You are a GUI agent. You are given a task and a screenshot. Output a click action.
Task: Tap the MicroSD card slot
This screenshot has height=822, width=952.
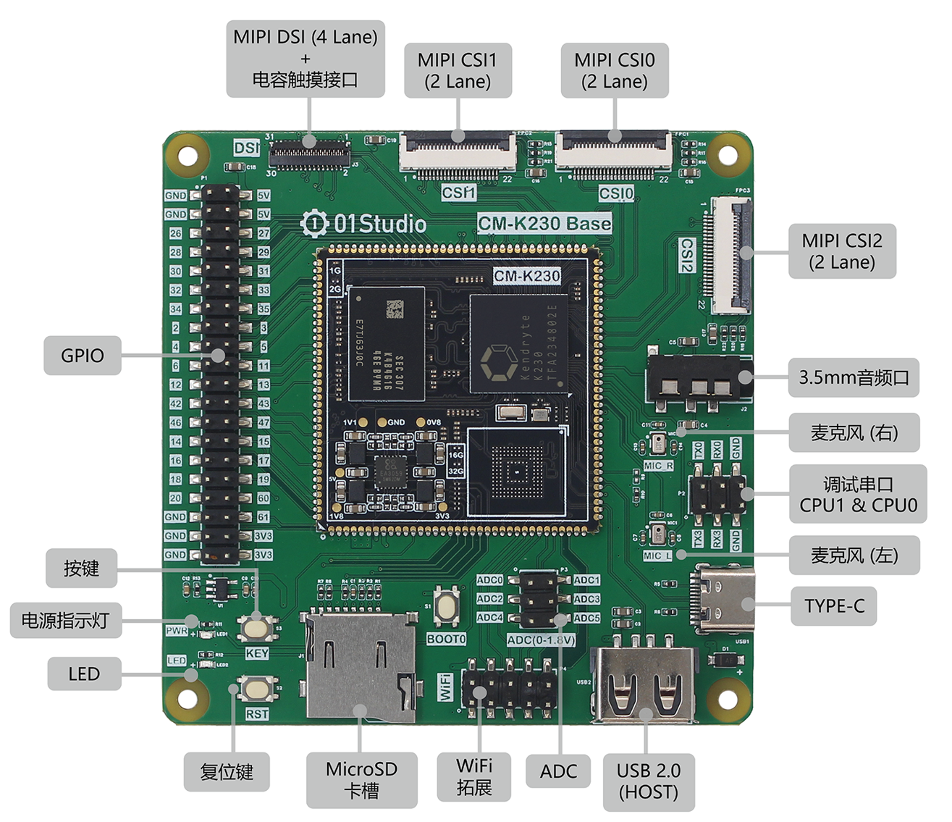click(x=360, y=666)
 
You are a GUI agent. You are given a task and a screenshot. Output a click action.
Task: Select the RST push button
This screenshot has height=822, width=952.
click(x=258, y=688)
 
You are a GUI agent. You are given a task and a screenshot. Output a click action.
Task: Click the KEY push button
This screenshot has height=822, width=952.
click(x=258, y=627)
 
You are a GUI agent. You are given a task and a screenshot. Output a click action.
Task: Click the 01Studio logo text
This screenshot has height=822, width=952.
click(x=364, y=223)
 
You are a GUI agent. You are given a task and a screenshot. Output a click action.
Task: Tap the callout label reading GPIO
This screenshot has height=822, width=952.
click(x=82, y=355)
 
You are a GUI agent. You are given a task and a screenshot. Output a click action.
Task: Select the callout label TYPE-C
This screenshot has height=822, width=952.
click(x=834, y=605)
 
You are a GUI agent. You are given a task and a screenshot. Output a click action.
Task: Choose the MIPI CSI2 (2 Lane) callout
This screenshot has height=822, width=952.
click(x=841, y=251)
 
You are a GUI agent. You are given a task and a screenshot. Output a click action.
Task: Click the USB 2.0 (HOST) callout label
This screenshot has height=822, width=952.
click(x=648, y=781)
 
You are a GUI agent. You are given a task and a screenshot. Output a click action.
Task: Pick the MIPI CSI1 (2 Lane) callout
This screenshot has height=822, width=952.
click(x=457, y=70)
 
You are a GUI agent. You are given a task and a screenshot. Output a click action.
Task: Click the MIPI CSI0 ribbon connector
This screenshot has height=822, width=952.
click(x=614, y=154)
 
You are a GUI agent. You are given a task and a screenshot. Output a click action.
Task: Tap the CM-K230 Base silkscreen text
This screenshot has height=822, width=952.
click(x=544, y=223)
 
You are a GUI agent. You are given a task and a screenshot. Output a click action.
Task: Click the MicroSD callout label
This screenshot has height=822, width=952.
click(x=361, y=779)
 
